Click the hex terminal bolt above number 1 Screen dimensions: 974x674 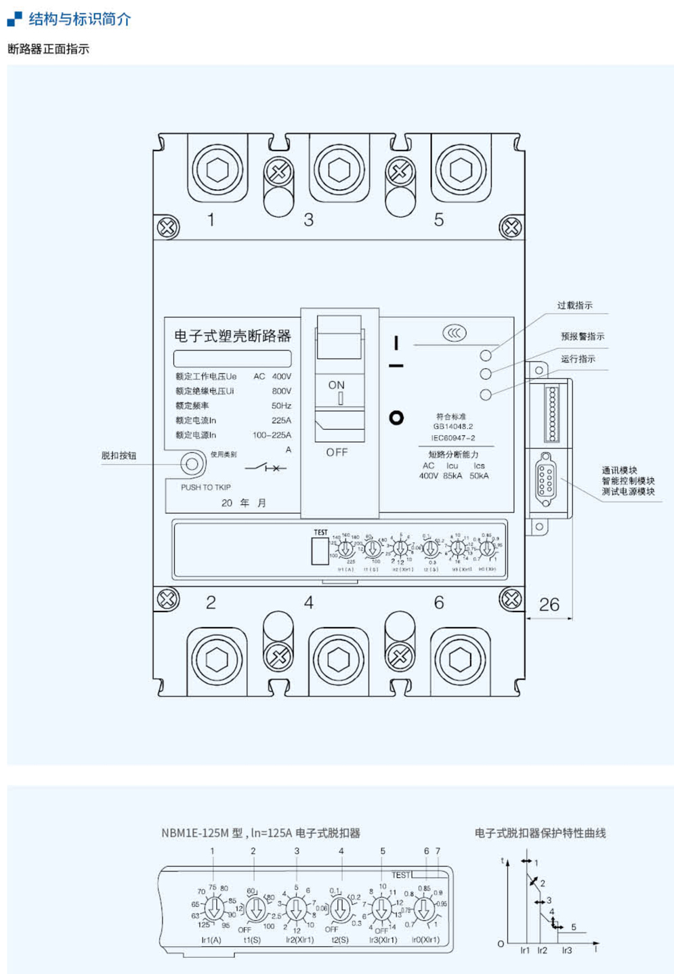[217, 169]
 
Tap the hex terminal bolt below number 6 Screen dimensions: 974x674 [460, 658]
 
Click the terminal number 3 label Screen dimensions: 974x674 [309, 220]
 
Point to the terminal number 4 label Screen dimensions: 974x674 [309, 603]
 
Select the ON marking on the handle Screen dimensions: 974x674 [337, 385]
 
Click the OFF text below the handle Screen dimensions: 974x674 [337, 452]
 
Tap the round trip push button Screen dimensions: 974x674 [192, 464]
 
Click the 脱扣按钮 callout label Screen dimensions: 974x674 [119, 455]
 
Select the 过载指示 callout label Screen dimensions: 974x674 [574, 306]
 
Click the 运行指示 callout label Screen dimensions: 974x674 [578, 359]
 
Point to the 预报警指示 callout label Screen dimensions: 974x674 [583, 336]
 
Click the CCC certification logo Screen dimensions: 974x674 [454, 333]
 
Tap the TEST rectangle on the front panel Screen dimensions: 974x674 [320, 550]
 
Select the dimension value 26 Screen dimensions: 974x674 [549, 604]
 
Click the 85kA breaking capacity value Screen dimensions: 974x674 [452, 476]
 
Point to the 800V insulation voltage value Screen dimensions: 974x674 [281, 391]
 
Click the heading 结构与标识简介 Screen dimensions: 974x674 [80, 19]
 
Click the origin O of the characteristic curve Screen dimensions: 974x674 [501, 943]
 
